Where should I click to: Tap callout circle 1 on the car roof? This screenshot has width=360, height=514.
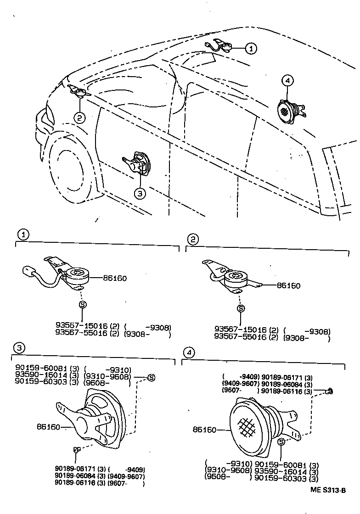coord(251,47)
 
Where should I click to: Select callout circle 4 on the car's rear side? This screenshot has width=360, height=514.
coord(287,81)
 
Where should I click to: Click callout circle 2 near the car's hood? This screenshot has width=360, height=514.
coord(79,118)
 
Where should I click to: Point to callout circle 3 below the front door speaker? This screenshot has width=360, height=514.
coord(140,193)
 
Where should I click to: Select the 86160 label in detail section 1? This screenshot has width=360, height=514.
coord(114,278)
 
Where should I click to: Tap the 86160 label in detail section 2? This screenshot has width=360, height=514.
coord(288,286)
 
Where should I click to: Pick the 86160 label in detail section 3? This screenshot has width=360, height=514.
coord(48,427)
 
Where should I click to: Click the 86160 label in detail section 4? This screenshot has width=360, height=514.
coord(205,430)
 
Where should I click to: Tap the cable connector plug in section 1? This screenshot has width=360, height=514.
coord(28,271)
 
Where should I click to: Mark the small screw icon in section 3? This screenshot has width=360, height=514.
coord(76,450)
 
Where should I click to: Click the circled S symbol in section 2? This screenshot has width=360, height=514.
coord(240,308)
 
